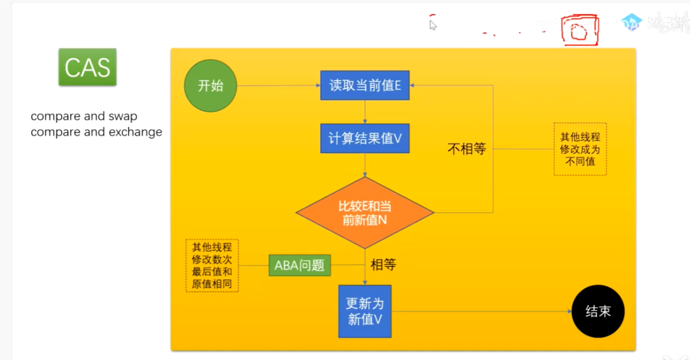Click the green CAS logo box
pos(87,67)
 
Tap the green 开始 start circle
pos(210,86)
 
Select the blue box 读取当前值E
pos(365,86)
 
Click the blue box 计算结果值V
pos(365,138)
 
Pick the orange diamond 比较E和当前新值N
pos(365,213)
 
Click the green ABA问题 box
pos(299,265)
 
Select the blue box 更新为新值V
pos(365,311)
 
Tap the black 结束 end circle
pos(598,311)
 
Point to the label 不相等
pos(467,149)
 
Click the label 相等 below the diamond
pos(383,264)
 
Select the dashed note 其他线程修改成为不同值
pos(580,149)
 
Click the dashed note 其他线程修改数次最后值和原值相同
pos(212,265)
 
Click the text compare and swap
pos(84,116)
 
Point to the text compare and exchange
pos(96,132)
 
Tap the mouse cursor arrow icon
pos(433,25)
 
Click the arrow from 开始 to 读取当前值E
pos(278,86)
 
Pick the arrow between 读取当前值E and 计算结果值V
pos(365,112)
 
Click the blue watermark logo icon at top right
pos(630,22)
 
